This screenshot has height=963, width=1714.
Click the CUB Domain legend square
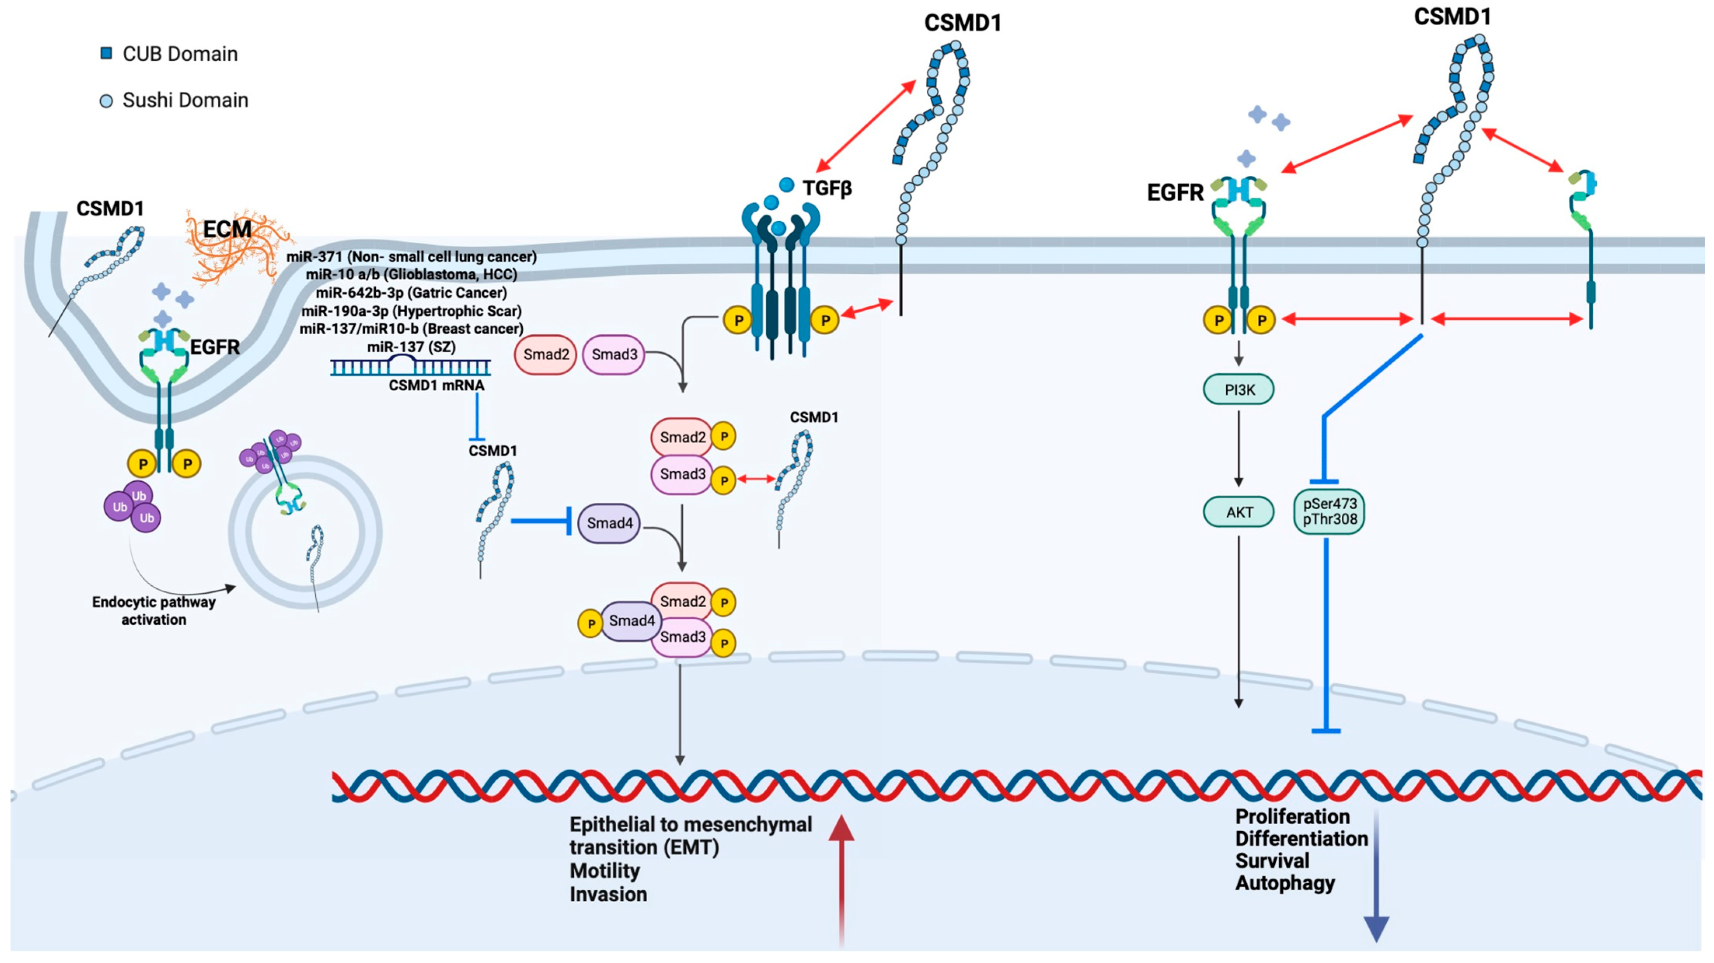[106, 53]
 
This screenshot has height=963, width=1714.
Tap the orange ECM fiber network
[233, 250]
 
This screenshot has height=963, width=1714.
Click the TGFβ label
[826, 188]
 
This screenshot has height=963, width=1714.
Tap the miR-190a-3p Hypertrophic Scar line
[411, 311]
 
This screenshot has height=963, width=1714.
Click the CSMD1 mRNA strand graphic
[411, 366]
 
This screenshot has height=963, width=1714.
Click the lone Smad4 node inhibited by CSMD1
[609, 523]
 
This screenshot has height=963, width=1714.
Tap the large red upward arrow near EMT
[841, 879]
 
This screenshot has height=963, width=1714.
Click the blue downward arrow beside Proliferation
[1376, 879]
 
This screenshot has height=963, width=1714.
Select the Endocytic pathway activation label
[154, 610]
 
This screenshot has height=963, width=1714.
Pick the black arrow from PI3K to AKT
[1238, 449]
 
